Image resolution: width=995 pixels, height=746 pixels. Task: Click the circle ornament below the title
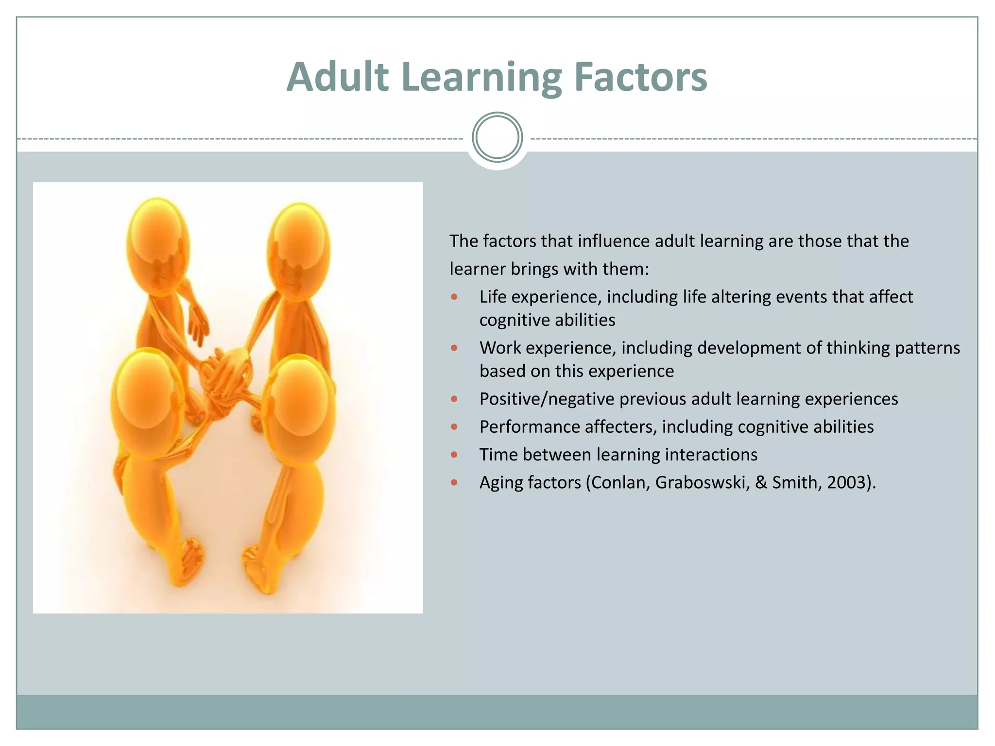497,137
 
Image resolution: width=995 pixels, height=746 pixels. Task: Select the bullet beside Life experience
454,297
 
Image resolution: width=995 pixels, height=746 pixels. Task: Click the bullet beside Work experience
454,348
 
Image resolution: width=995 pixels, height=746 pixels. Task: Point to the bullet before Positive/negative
454,399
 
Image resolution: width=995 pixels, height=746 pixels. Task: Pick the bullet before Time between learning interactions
454,455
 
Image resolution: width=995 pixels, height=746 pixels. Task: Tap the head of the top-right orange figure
298,248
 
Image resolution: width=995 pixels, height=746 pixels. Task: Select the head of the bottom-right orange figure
299,403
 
